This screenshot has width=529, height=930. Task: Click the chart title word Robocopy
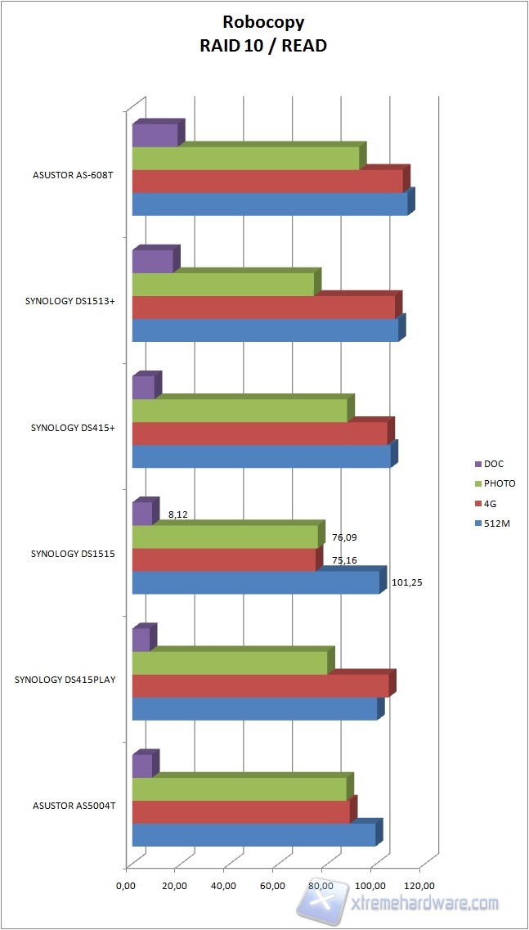tap(263, 23)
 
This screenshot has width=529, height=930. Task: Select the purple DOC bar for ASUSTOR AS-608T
tap(155, 135)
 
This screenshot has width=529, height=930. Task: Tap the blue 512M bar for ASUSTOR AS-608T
tap(270, 204)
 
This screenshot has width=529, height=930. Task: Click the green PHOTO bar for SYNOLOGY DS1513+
tap(223, 284)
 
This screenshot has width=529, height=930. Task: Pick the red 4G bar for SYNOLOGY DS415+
tap(259, 434)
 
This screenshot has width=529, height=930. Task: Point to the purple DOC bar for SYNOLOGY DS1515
tap(142, 513)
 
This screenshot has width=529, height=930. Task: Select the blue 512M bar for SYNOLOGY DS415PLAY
tap(254, 708)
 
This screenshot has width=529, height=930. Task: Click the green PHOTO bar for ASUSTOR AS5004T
tap(240, 788)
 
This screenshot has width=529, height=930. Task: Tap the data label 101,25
tap(406, 582)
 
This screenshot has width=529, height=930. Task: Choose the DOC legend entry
tap(494, 464)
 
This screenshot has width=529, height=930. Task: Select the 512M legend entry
tap(495, 523)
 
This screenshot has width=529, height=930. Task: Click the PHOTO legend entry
tap(499, 483)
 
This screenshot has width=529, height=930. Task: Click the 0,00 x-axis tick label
tap(125, 885)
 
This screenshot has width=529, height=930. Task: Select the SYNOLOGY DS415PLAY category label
tap(65, 680)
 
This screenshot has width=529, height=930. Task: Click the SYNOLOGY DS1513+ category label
tap(69, 301)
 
